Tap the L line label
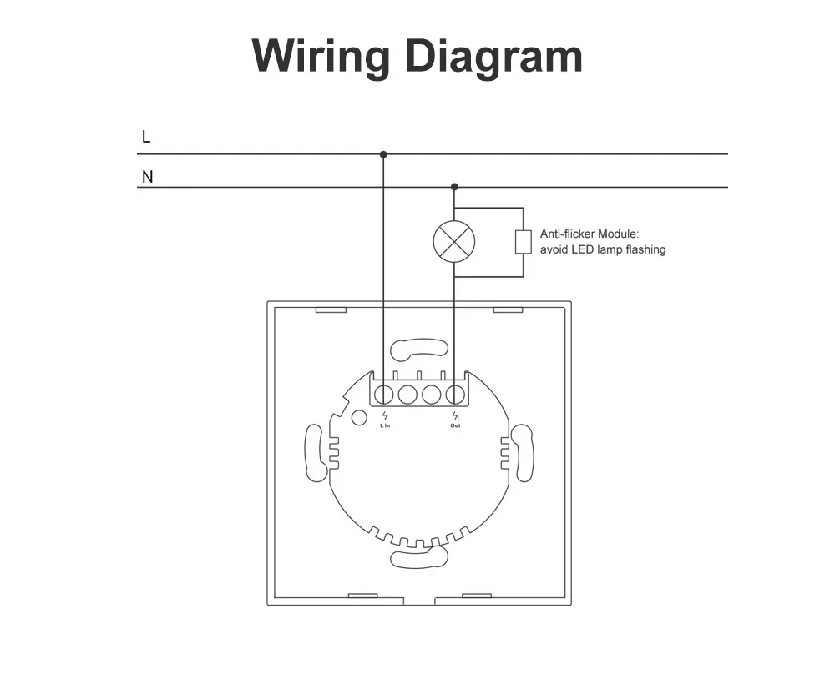(x=146, y=137)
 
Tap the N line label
(x=148, y=177)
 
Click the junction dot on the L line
(x=383, y=154)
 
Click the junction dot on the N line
(x=454, y=187)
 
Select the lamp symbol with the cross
(x=453, y=242)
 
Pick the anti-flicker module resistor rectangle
(x=523, y=242)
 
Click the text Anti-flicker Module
(x=589, y=234)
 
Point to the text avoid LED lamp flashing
(x=603, y=249)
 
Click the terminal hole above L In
(x=384, y=395)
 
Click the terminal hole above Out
(x=455, y=395)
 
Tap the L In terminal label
(x=385, y=425)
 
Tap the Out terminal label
(x=455, y=425)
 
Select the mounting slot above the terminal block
(x=419, y=349)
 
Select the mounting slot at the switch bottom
(x=419, y=557)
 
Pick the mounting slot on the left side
(x=316, y=453)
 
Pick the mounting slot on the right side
(x=523, y=453)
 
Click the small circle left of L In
(x=359, y=418)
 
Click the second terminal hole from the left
(x=407, y=395)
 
